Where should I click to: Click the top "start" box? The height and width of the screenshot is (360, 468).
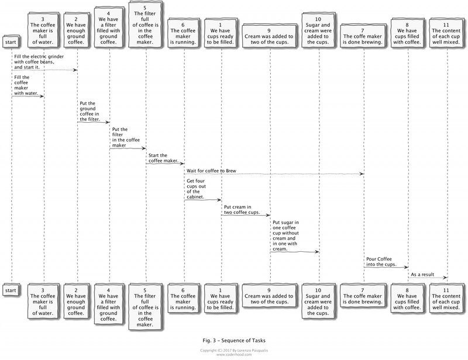point(11,42)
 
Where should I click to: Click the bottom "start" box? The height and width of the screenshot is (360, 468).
point(11,290)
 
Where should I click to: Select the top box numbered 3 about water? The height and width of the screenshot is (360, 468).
point(43,30)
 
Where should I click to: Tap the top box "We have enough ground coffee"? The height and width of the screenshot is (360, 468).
point(76,30)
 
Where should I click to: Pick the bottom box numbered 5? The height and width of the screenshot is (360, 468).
point(145,307)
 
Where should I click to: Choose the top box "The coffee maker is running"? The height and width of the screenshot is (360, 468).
point(184,33)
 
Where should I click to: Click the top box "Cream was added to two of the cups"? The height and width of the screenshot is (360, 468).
point(270,36)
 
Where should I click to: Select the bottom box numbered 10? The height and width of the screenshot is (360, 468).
point(318,302)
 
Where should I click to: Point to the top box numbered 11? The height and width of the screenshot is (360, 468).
point(446,33)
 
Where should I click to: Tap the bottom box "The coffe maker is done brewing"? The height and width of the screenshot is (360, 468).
point(363,296)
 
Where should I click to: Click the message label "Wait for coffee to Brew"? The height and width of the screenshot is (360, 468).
point(211,171)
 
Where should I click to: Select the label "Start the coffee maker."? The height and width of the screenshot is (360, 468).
point(163,158)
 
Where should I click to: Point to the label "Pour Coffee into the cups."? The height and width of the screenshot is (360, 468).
point(381,262)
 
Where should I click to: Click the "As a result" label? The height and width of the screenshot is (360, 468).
point(422,275)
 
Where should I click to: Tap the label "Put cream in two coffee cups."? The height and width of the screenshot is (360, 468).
point(242,210)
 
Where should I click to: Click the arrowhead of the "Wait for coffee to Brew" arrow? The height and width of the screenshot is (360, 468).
point(362,174)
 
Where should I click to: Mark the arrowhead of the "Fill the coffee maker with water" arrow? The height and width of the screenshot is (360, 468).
point(42,96)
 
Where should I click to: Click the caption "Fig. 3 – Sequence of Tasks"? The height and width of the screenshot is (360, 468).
point(234,340)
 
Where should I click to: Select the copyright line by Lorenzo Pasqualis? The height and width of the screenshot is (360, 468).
point(234,351)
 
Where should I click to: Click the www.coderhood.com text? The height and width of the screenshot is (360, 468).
point(234,355)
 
